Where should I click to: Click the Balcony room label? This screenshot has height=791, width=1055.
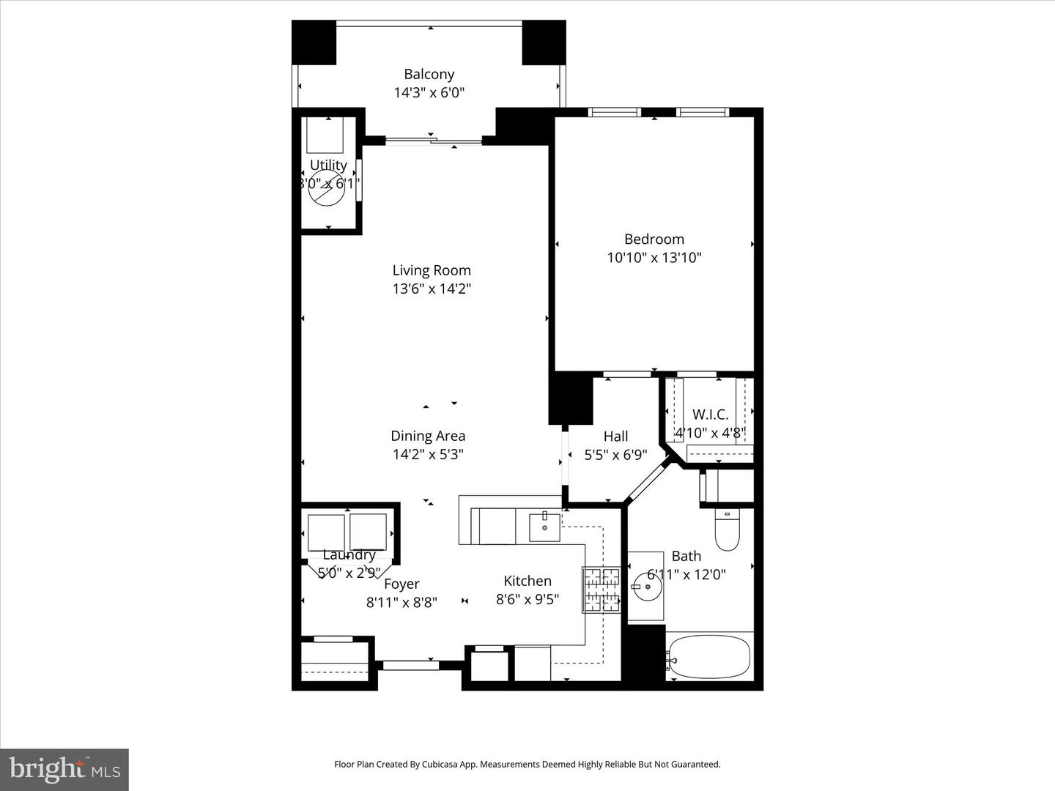click(429, 74)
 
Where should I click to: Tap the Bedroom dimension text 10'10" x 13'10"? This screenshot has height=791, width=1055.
click(654, 257)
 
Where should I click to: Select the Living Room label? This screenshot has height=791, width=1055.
click(432, 270)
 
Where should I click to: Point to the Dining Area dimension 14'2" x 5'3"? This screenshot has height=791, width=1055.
click(428, 454)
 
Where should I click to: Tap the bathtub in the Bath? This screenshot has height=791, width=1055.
click(708, 657)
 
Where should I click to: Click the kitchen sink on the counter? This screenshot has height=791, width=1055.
click(544, 527)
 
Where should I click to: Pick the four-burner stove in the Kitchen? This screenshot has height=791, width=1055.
click(601, 590)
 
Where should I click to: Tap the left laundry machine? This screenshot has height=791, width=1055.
click(326, 532)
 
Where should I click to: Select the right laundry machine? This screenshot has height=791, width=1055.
click(369, 532)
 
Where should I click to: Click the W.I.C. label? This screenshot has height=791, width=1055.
click(710, 415)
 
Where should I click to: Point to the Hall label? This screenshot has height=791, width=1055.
click(615, 437)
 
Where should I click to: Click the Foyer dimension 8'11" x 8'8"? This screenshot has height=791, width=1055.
click(401, 602)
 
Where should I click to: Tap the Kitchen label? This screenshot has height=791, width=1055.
click(527, 581)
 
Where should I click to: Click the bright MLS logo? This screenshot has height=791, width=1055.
click(64, 769)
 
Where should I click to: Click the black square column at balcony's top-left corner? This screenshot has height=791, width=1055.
click(314, 42)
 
